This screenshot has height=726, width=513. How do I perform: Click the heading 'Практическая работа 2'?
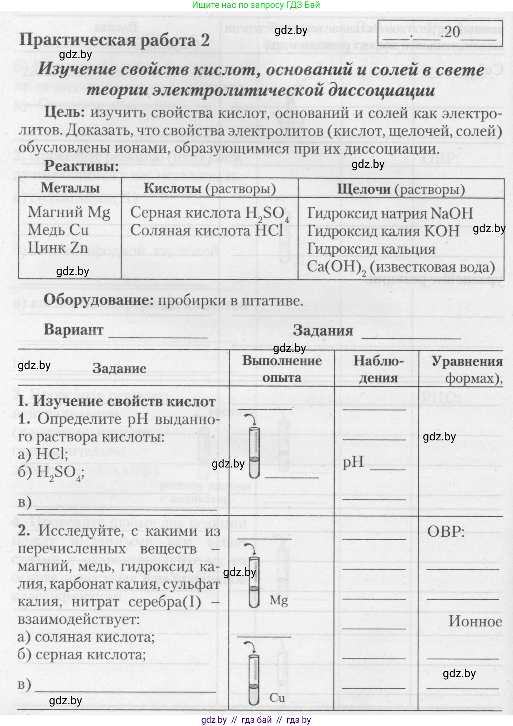coord(114,40)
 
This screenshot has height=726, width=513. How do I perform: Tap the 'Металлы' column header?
coord(70,188)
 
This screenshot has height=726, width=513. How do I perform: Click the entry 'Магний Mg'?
coord(69,213)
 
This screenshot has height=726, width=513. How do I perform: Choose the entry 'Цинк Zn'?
coord(58,247)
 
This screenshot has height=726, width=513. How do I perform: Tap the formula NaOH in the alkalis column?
coord(452,214)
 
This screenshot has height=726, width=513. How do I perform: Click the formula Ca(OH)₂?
coord(336,267)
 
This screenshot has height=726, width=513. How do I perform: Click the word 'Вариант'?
coord(73,329)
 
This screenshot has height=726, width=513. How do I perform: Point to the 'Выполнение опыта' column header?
coord(282,369)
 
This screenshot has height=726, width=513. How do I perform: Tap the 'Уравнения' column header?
coord(467,362)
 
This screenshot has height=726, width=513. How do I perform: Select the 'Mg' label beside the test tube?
coord(279,600)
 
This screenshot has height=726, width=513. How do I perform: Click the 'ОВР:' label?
coord(446,532)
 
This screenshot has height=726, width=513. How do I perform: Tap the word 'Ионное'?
coord(475,622)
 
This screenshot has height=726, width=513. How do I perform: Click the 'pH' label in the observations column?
coord(353,462)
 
